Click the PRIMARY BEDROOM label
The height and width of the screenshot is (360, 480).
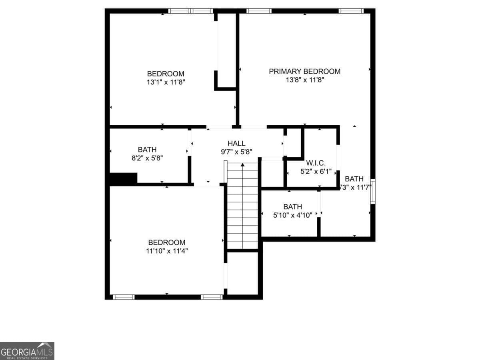click(304, 72)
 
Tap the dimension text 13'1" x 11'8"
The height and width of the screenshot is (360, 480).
click(166, 82)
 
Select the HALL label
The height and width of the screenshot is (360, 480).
click(236, 144)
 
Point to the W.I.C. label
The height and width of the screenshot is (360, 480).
click(316, 163)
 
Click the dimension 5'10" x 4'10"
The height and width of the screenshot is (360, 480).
click(292, 215)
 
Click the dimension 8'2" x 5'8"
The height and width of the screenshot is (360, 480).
click(147, 158)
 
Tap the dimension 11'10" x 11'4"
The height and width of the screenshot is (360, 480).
click(167, 251)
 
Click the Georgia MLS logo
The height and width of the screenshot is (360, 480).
click(27, 351)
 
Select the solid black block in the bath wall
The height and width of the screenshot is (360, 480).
click(123, 178)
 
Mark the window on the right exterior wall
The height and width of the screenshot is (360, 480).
click(372, 192)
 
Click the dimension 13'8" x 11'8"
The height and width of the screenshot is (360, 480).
click(304, 80)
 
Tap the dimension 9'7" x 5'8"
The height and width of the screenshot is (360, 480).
click(236, 152)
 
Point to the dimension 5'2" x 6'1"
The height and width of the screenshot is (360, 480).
click(316, 171)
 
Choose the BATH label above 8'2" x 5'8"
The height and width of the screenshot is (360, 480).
click(147, 150)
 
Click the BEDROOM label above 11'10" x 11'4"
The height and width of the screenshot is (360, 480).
click(167, 242)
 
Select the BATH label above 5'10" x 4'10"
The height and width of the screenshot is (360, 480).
click(292, 207)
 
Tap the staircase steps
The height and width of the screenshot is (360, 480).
click(242, 208)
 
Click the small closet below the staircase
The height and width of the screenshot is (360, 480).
click(242, 274)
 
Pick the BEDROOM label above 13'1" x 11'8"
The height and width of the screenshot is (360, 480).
click(166, 74)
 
